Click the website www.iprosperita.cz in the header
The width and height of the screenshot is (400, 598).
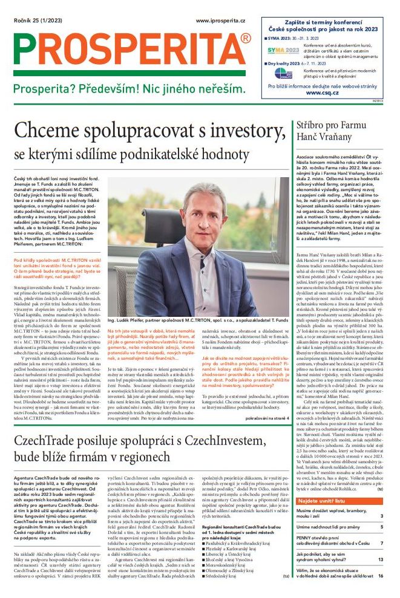coord(220,21)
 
